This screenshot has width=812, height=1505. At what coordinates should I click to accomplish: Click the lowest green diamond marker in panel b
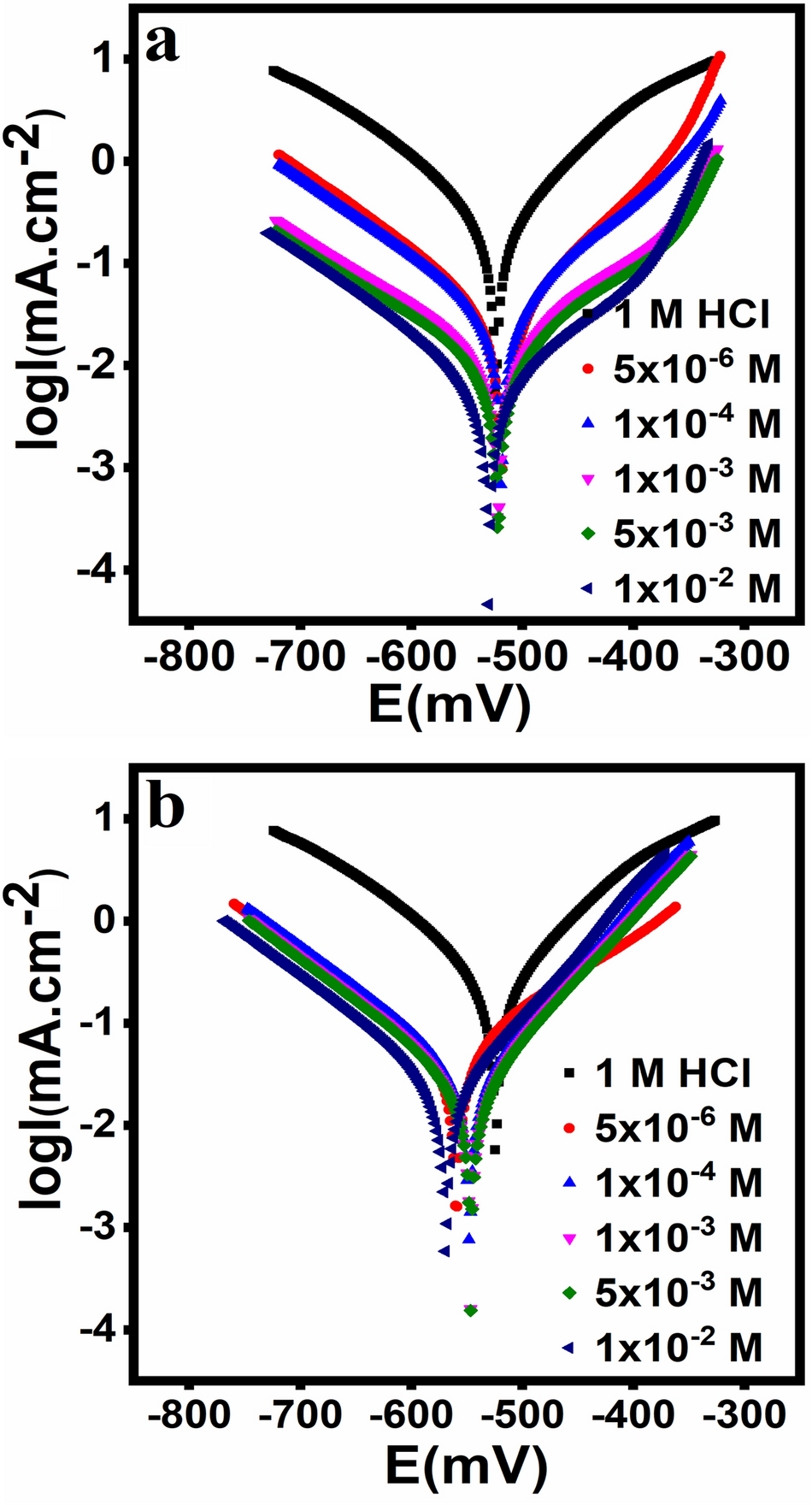tap(470, 1310)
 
